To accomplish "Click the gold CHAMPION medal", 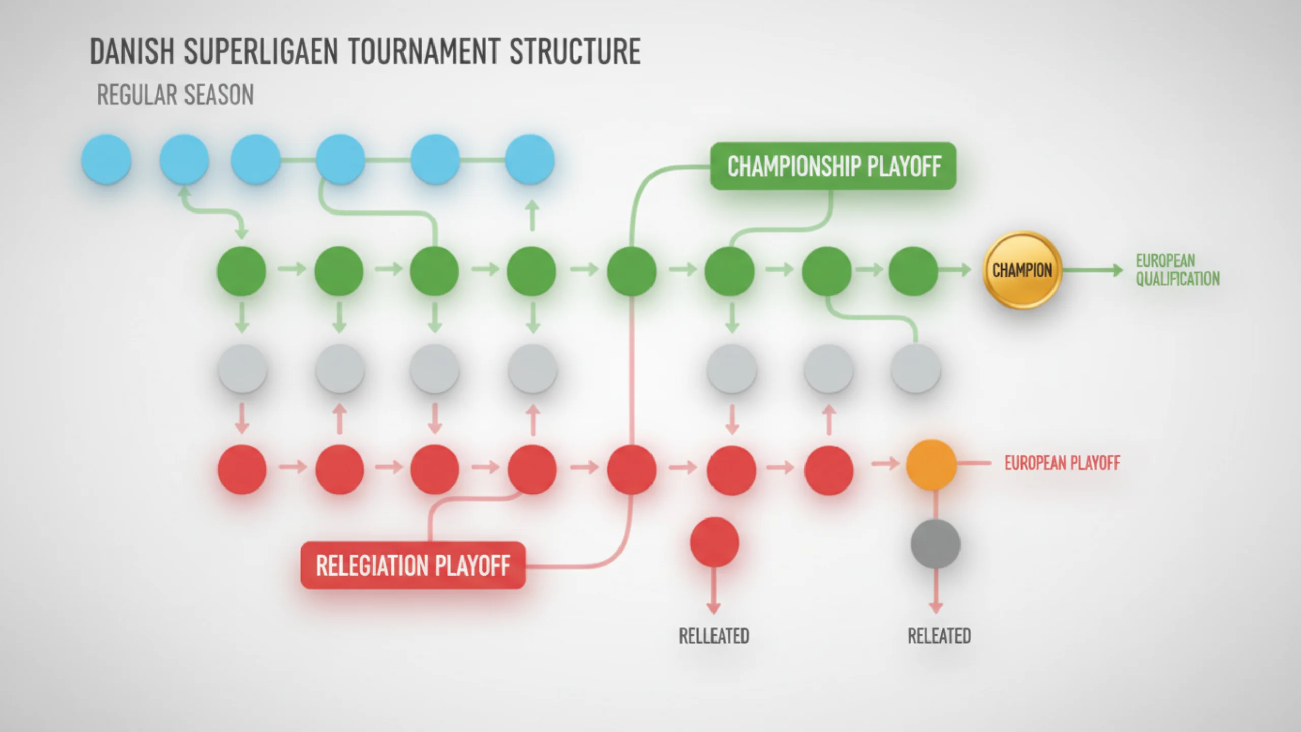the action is point(1022,270).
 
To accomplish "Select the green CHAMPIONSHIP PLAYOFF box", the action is point(833,166).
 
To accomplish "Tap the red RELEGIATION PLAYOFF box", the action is point(413,565).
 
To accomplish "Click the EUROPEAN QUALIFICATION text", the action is point(1178,270).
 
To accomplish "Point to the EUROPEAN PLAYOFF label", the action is point(1062,463).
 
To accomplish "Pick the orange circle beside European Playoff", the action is point(932,465).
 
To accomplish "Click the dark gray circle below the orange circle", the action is point(936,543).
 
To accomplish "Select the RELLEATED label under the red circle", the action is point(714,636).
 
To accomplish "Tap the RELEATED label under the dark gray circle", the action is point(939,636).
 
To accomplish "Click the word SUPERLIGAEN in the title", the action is point(261,51).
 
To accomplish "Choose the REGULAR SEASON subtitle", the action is point(175,95).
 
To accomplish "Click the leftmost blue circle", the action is point(106,159).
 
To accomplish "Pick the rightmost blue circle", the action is point(530,159).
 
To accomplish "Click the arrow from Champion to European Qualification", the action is point(1093,270).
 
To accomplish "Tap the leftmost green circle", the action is point(241,271).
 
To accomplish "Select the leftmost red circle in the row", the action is point(242,469).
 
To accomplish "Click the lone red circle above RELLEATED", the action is point(715,542).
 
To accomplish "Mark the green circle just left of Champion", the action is point(913,271).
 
